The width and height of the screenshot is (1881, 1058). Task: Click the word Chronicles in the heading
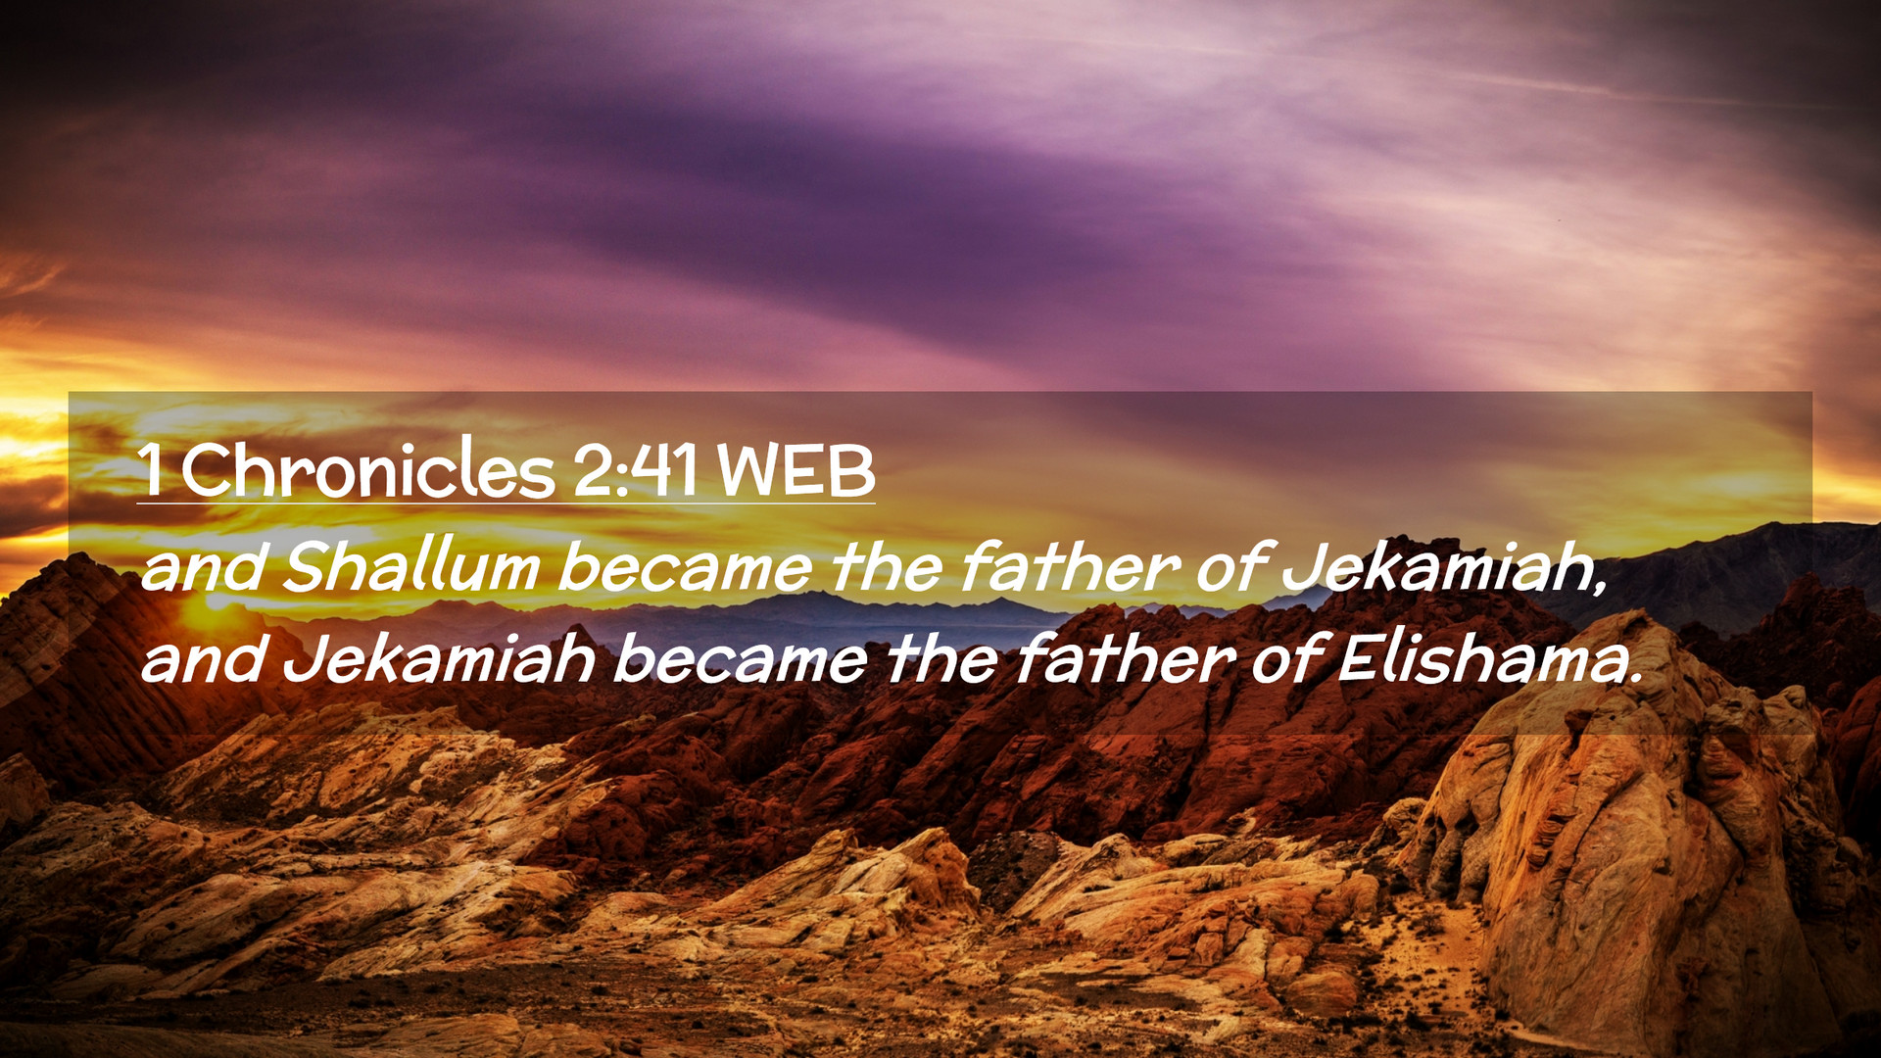pyautogui.click(x=367, y=470)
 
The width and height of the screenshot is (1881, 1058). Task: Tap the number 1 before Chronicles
pyautogui.click(x=151, y=471)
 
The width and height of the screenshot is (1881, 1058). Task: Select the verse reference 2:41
pyautogui.click(x=635, y=471)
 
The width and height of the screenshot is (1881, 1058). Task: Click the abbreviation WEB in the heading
pyautogui.click(x=796, y=471)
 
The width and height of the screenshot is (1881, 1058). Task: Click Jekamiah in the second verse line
pyautogui.click(x=439, y=658)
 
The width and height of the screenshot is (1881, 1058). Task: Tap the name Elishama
pyautogui.click(x=1489, y=658)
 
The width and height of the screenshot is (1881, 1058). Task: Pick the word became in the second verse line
pyautogui.click(x=741, y=658)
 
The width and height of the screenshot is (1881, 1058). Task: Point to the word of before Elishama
pyautogui.click(x=1286, y=658)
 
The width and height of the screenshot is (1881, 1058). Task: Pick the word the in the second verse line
pyautogui.click(x=941, y=658)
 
